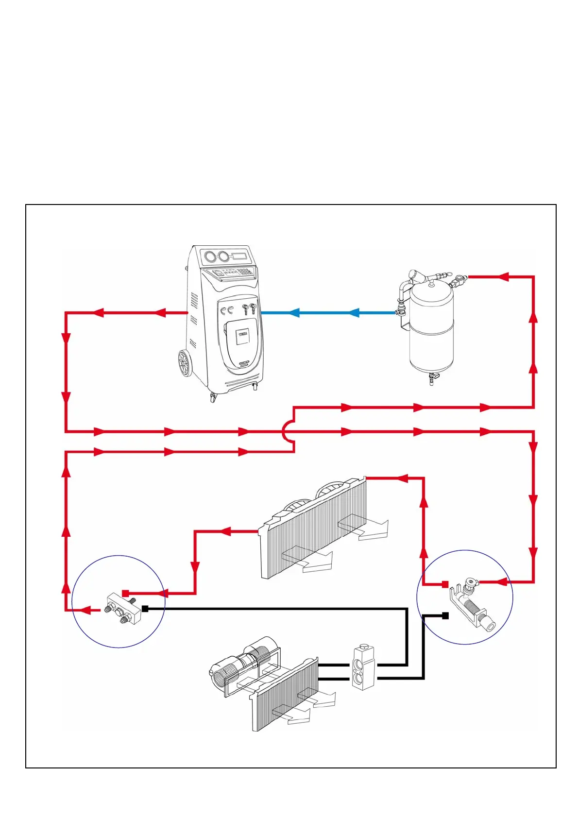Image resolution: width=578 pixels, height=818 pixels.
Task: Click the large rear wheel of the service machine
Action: [185, 364]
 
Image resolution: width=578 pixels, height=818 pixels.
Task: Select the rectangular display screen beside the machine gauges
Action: [240, 256]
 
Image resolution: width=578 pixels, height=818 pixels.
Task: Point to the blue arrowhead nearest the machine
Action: [293, 313]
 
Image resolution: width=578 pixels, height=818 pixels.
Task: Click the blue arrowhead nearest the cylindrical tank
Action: [354, 313]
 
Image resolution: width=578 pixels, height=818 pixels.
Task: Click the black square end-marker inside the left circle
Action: [145, 609]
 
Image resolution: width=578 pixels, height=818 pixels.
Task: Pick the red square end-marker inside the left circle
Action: [125, 593]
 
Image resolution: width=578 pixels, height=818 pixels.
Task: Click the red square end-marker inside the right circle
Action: [444, 584]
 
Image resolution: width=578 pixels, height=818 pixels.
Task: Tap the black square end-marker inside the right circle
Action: [445, 615]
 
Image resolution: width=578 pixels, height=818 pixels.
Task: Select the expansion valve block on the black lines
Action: [363, 667]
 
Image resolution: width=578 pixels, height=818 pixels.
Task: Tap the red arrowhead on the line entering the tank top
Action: [503, 277]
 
